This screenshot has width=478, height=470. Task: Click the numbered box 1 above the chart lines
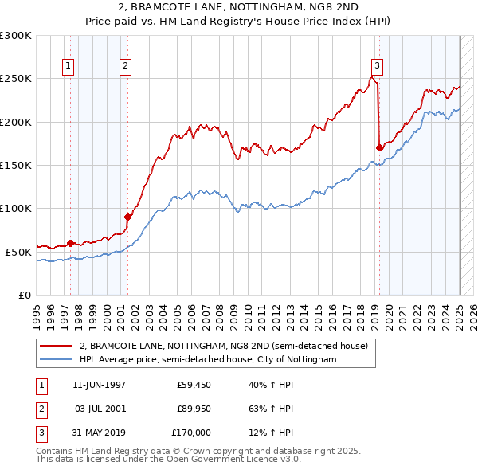click(68, 67)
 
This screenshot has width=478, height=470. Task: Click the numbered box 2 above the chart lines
click(126, 67)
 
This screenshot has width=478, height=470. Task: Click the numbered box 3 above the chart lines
click(377, 67)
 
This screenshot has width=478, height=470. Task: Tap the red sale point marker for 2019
click(380, 147)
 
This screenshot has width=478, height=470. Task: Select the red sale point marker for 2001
click(127, 217)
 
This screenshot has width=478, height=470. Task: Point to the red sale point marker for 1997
click(70, 243)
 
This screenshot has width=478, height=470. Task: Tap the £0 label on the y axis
click(24, 295)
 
